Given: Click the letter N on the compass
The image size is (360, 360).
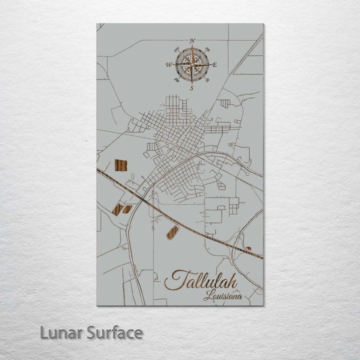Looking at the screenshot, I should [192, 40].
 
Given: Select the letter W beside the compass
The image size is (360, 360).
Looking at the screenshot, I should [169, 65].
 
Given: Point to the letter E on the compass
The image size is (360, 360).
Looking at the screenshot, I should [215, 65].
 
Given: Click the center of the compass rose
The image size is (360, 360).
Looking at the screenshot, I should [192, 64].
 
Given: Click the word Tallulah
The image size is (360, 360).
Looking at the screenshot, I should [201, 280].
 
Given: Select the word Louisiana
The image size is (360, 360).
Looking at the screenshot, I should [222, 296].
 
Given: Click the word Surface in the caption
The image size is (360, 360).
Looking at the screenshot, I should [113, 332].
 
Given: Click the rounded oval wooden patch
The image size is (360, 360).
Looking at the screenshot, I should [172, 232].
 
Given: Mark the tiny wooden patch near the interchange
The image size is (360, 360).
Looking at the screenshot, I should [248, 248].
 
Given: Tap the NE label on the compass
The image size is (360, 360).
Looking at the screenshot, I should [207, 49].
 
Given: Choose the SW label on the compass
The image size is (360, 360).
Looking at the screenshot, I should [176, 80].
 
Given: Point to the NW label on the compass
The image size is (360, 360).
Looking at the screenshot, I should [177, 49].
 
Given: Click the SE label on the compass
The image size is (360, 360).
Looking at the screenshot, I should [207, 80].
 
